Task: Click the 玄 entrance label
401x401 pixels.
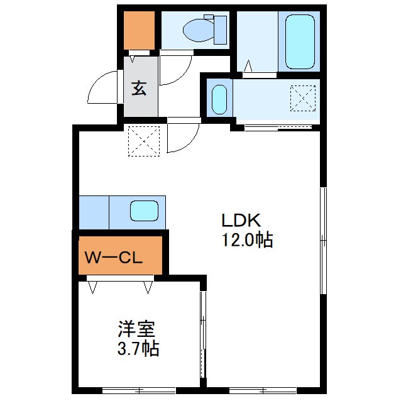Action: tap(139, 88)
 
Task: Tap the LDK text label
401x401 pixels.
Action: tap(241, 221)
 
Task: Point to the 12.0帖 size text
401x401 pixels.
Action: tap(247, 239)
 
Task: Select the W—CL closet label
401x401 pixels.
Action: tap(113, 258)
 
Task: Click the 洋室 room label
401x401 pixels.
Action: tap(136, 329)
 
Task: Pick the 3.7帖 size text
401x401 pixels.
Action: tap(138, 348)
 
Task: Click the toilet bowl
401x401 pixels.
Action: tap(199, 30)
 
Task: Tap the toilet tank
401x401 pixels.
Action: tap(220, 30)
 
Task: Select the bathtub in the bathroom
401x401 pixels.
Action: tap(299, 41)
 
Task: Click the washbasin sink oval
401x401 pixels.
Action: tap(219, 99)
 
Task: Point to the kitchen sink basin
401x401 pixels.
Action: tap(144, 211)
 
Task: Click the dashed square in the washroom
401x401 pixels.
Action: tap(303, 99)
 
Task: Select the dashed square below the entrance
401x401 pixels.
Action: tap(144, 141)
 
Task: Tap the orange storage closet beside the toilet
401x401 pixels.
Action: tap(139, 30)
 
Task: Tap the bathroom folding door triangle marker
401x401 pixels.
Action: tap(248, 66)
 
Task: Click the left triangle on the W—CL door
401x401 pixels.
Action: tap(92, 287)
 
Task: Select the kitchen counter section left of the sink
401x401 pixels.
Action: tap(94, 212)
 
